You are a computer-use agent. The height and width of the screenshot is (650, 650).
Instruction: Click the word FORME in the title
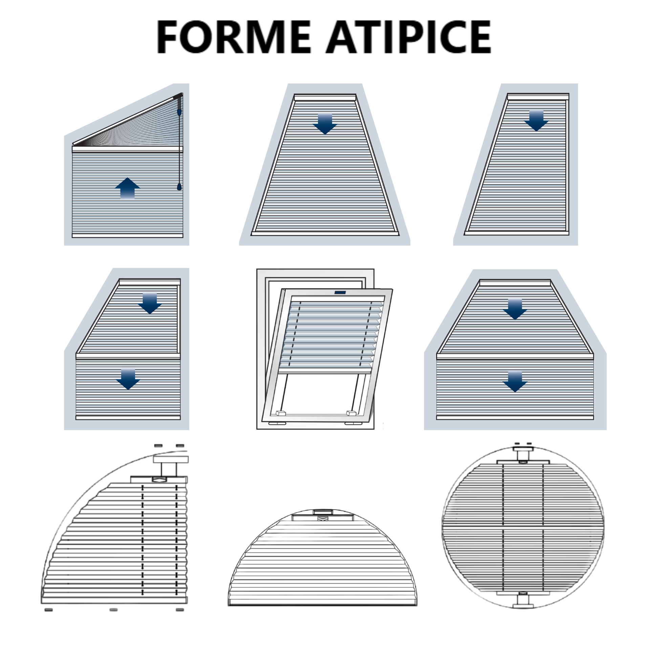tap(233, 37)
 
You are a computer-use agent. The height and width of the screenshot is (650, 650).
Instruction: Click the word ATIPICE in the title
tap(408, 37)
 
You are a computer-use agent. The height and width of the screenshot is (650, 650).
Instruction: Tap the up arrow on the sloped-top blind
tap(127, 188)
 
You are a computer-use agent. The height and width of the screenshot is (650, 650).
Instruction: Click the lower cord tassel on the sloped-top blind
tap(179, 187)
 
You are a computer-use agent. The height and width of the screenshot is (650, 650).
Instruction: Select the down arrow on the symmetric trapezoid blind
tap(325, 124)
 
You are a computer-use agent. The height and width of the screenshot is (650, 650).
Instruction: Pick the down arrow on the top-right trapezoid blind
tap(536, 121)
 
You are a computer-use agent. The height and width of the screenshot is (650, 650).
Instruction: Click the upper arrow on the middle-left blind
tap(150, 303)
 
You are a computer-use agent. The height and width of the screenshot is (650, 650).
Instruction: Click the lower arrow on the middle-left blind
tap(128, 379)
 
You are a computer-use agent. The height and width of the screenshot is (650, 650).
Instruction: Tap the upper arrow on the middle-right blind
tap(515, 309)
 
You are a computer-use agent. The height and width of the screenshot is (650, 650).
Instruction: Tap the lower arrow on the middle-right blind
tap(515, 382)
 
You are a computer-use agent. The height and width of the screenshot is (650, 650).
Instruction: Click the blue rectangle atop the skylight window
tap(340, 292)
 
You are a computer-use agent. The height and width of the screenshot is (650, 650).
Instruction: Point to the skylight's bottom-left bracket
tap(281, 413)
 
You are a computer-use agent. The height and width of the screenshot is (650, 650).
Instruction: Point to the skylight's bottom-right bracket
tap(351, 413)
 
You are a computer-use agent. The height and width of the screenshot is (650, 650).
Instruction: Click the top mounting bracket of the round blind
tap(523, 454)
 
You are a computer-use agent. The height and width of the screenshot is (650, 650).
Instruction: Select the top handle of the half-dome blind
tap(323, 512)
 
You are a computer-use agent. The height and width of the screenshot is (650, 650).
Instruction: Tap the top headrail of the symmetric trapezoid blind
tap(325, 97)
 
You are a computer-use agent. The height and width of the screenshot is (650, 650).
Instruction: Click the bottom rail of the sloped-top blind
tap(127, 235)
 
